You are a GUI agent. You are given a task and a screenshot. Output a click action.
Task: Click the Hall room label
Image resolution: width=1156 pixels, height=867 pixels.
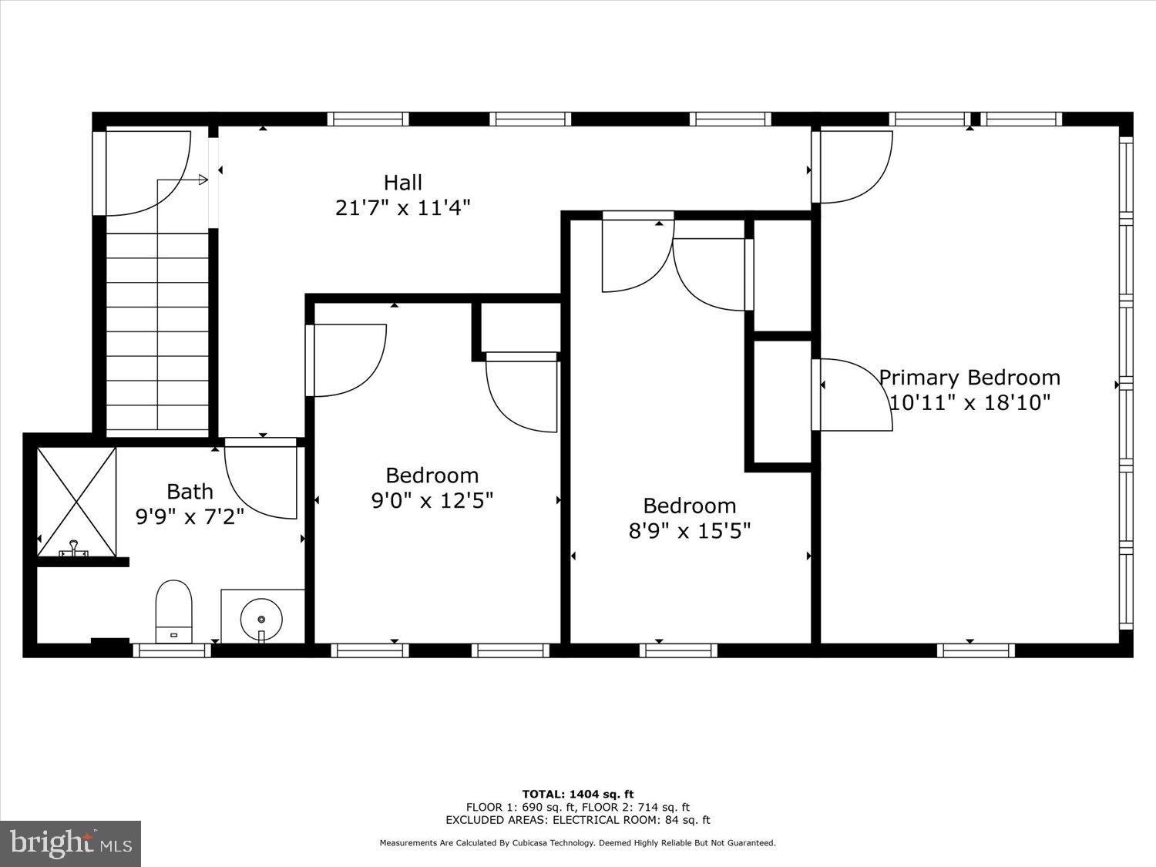[403, 183]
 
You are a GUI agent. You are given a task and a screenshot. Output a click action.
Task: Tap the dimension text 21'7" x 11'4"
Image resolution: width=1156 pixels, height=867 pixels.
[403, 207]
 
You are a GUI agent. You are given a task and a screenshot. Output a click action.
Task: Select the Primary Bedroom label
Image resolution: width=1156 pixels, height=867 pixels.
[969, 378]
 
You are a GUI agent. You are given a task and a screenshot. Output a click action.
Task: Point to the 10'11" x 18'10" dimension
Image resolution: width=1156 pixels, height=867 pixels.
[969, 402]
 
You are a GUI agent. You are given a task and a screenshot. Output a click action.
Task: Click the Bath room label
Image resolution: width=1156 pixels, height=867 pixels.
[190, 491]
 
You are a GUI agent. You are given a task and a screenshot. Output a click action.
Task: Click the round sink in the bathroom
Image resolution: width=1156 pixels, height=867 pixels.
[261, 618]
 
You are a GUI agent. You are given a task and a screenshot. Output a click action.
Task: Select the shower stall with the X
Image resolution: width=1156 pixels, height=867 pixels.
[77, 501]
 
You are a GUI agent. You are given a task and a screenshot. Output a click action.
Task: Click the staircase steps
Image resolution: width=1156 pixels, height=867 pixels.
[157, 331]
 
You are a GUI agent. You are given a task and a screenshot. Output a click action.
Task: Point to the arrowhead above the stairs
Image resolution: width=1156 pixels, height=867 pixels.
[203, 180]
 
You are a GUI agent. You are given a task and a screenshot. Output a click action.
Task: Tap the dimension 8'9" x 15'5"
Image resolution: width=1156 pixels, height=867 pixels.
[690, 531]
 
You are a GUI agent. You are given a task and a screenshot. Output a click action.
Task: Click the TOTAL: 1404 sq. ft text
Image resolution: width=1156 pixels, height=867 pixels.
[578, 794]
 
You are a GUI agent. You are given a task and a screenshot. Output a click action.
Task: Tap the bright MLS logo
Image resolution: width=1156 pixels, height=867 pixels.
[71, 843]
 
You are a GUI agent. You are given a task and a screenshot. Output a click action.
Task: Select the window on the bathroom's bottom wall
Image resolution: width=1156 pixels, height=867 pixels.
[171, 650]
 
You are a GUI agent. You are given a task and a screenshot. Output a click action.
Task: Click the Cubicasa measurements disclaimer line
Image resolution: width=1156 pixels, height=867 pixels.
[578, 843]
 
